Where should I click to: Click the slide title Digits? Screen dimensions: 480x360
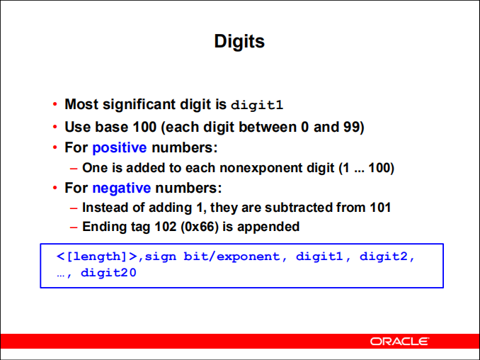coord(239,41)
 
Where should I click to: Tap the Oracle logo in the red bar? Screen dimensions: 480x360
coord(399,342)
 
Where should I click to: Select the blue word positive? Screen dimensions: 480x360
coord(120,148)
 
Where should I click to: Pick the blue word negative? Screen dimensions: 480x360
coord(122,188)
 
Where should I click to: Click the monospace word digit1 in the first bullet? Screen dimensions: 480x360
coord(257,105)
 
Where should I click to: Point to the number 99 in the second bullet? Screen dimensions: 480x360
coord(351,127)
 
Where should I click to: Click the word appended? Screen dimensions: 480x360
coord(268,227)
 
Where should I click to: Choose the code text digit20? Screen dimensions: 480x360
coord(108,273)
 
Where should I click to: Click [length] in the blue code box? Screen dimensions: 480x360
coord(96,257)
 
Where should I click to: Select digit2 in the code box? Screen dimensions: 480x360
coord(384,256)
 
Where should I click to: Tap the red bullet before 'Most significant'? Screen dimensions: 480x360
coord(55,104)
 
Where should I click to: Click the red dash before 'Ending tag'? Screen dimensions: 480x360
coord(74,227)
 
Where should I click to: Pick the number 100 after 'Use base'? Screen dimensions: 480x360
coord(145,127)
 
